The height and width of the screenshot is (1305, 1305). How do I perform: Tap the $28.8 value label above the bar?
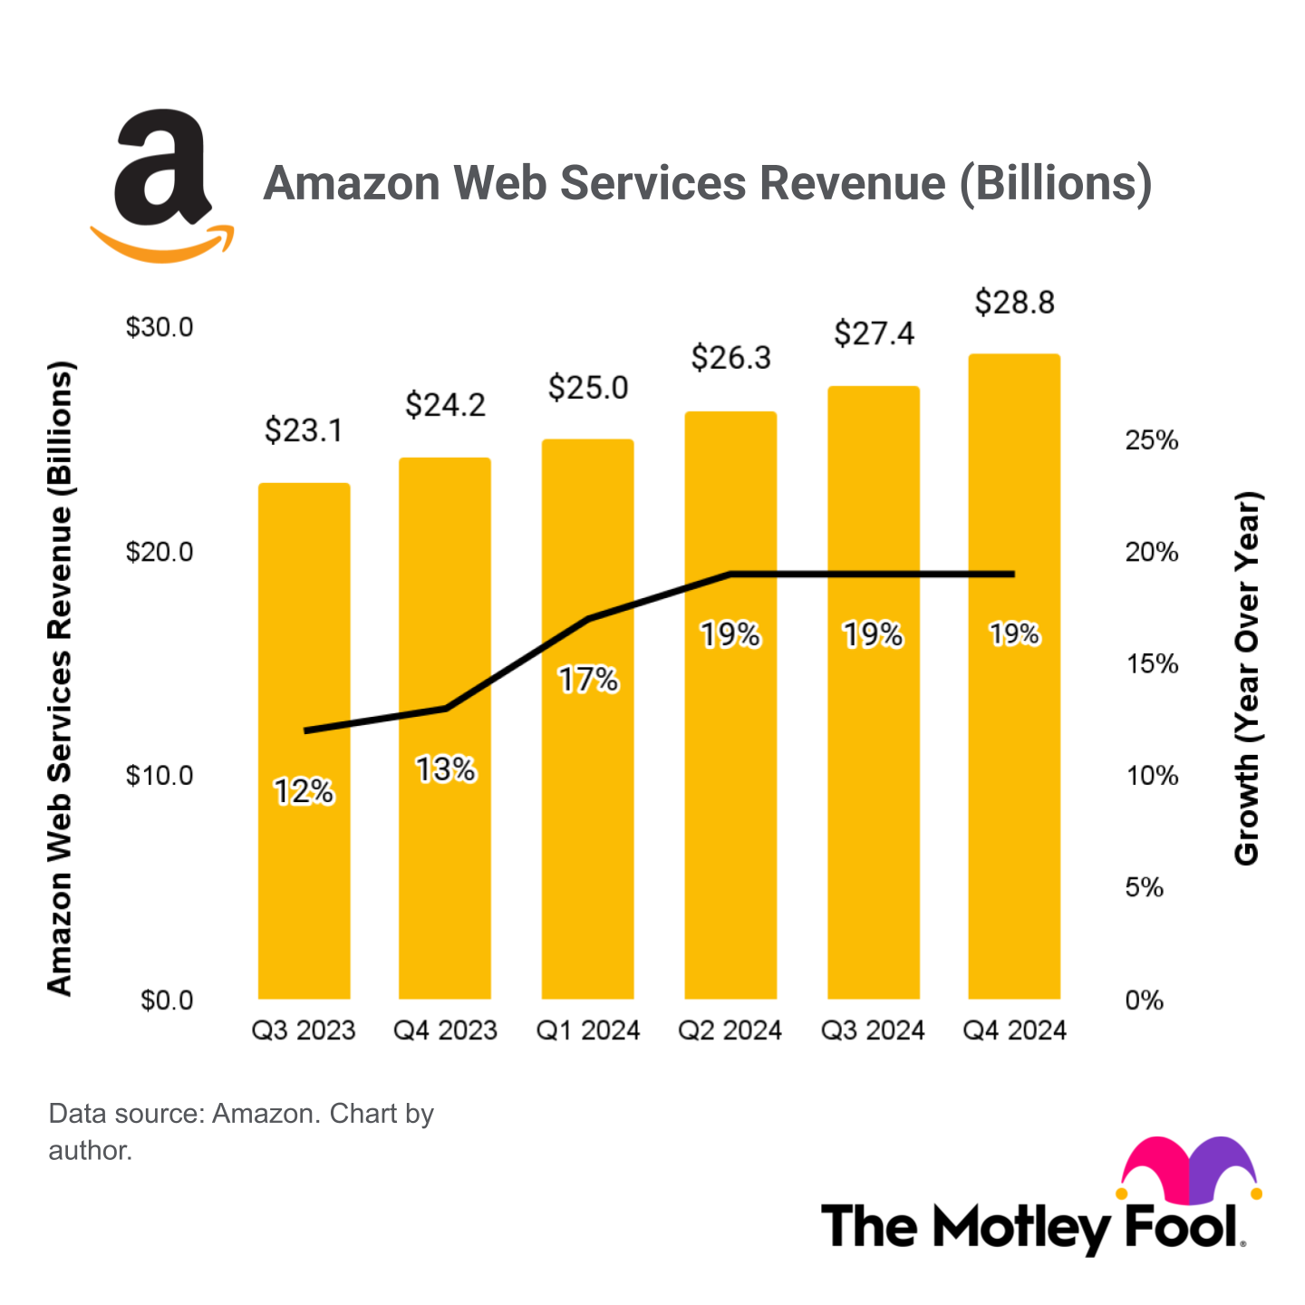(1014, 302)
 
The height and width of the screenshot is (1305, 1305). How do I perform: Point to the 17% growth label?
(587, 679)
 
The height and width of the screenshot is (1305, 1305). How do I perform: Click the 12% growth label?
(304, 792)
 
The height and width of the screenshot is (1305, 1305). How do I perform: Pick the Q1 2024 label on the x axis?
(587, 1030)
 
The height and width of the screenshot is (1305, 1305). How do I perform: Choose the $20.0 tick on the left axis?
(159, 551)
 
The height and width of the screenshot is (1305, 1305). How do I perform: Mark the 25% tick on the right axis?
(1151, 440)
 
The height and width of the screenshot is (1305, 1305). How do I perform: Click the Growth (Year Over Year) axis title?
(1247, 678)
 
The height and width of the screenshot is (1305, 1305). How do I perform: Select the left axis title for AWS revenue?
(60, 678)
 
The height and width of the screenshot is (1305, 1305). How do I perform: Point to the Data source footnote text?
(240, 1130)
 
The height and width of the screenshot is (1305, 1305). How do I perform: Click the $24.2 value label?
(445, 404)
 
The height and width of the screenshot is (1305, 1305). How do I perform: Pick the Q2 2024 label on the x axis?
(730, 1030)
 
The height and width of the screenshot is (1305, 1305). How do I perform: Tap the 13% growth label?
(445, 769)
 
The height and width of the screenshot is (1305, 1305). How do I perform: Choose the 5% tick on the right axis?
(1144, 887)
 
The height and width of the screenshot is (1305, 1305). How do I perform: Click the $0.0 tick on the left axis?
(167, 1000)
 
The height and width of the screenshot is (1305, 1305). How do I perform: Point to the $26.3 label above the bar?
(730, 358)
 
